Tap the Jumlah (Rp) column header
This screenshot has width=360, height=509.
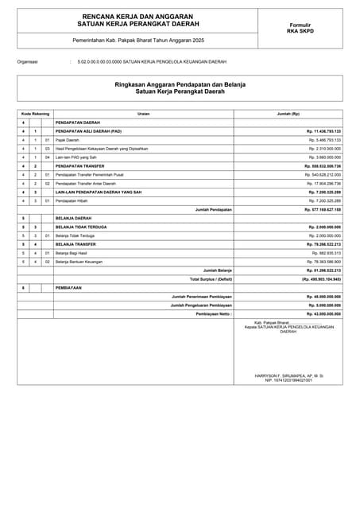288,113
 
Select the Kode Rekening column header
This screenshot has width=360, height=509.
35,113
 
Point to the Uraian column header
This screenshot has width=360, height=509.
143,113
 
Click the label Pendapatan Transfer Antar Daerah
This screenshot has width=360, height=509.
86,183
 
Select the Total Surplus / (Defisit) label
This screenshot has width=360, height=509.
211,279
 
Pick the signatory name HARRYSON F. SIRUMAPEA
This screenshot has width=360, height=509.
288,375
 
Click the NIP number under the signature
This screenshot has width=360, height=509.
288,380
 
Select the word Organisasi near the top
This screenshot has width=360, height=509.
27,60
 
